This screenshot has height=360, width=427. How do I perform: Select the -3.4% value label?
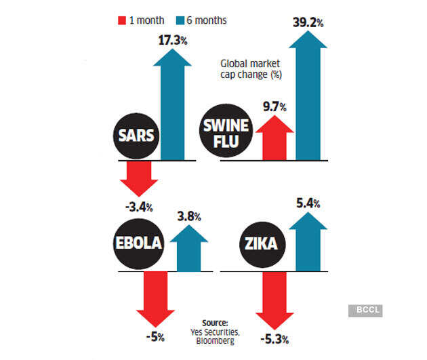point(139,206)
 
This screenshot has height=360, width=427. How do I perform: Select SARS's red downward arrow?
point(139,178)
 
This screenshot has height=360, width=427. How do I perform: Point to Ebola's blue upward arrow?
point(189,248)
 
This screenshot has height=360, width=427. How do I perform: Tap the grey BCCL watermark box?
point(365,311)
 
